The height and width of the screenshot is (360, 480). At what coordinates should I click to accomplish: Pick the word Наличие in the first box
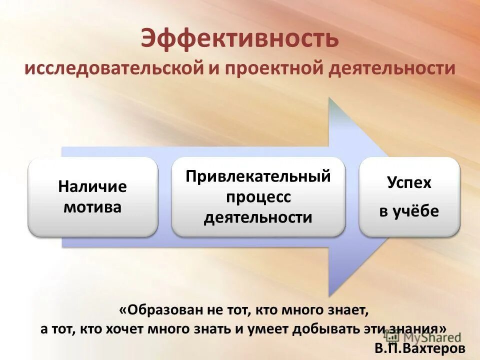pyautogui.click(x=92, y=187)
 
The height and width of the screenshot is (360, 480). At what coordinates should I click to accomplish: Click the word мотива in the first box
pyautogui.click(x=92, y=207)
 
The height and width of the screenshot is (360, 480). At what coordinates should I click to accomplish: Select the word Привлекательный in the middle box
pyautogui.click(x=258, y=176)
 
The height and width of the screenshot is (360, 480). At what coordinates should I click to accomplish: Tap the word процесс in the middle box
pyautogui.click(x=258, y=197)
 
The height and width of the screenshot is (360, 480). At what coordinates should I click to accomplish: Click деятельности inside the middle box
pyautogui.click(x=258, y=217)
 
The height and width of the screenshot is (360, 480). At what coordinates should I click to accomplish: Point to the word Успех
pyautogui.click(x=409, y=182)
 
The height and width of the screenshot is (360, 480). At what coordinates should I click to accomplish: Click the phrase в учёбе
pyautogui.click(x=409, y=211)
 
